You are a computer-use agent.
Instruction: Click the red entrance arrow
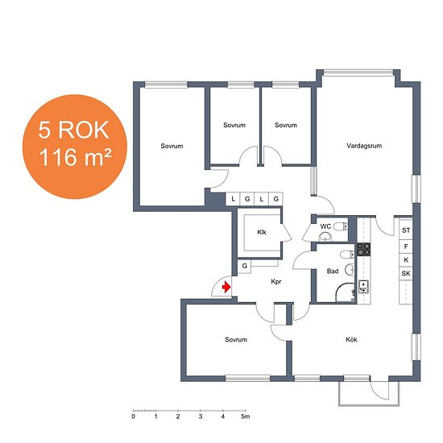226,288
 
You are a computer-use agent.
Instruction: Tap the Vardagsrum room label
364,146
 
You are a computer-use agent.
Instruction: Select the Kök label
351,339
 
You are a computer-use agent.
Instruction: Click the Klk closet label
262,232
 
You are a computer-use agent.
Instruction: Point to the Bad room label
333,271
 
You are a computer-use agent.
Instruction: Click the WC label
325,226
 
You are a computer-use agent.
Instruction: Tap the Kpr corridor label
276,281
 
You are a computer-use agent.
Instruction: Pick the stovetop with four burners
363,249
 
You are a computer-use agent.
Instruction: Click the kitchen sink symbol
363,287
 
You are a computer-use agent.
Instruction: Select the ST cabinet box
406,230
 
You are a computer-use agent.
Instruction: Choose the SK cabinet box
406,273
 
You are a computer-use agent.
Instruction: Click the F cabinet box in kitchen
406,246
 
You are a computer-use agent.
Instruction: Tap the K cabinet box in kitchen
406,260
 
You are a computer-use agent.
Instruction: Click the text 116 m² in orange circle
75,157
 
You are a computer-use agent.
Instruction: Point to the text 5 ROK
74,130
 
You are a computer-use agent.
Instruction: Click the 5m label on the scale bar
246,416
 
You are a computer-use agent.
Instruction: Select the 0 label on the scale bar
134,416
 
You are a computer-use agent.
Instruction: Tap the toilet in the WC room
341,226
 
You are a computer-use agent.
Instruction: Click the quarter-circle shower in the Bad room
346,292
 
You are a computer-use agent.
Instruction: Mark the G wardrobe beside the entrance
244,266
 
